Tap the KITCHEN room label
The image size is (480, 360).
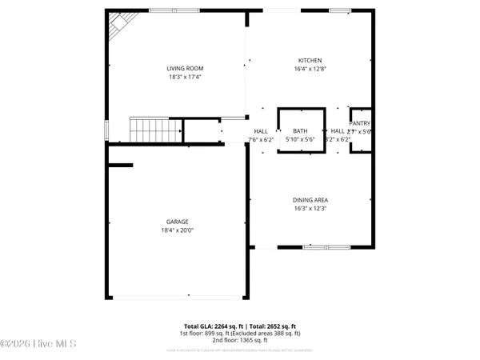point(310,61)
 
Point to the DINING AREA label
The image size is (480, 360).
point(310,199)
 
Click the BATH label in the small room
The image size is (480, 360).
point(300,131)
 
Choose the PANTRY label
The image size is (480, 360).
point(360,123)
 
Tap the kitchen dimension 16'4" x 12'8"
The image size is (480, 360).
point(310,70)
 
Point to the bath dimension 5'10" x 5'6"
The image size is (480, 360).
point(300,139)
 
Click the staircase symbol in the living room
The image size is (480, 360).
point(147,128)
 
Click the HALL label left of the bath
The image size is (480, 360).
point(261,131)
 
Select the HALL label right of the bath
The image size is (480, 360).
point(338,131)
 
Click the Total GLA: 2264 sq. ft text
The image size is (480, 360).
point(211,326)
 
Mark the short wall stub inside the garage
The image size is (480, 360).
point(120,166)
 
